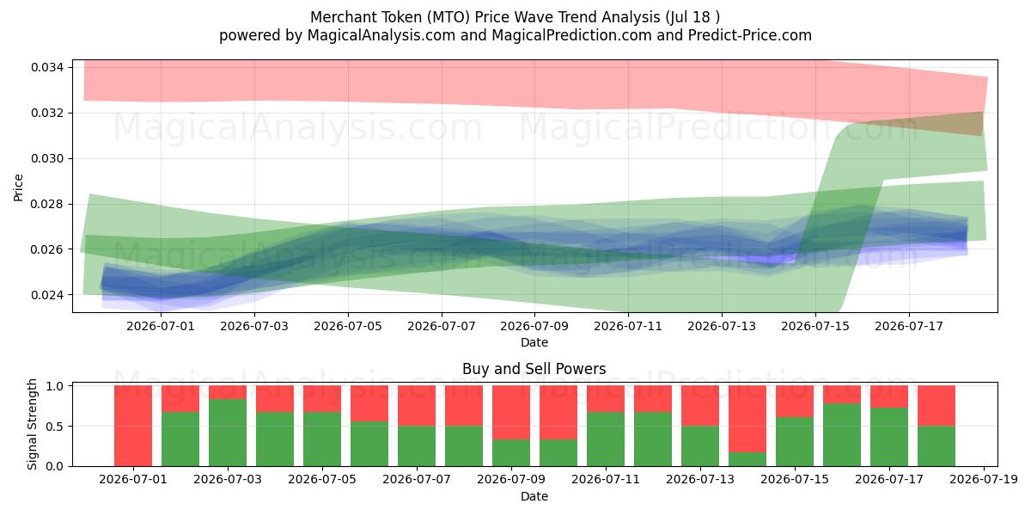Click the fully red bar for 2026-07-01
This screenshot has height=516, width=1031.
(x=133, y=426)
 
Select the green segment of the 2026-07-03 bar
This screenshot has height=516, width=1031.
(x=228, y=433)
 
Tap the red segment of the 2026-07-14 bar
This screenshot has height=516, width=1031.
(x=747, y=419)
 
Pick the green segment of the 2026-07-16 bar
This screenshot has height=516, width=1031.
(x=842, y=435)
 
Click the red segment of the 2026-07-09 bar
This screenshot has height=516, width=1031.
(x=511, y=412)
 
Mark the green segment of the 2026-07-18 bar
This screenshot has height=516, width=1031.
(x=936, y=446)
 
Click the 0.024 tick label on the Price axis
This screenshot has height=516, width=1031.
(x=47, y=295)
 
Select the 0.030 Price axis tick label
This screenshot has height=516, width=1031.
(x=47, y=158)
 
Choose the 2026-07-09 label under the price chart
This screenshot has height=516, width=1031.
(x=534, y=326)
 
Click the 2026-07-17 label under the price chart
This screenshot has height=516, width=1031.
(x=909, y=326)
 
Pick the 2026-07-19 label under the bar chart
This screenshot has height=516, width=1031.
(x=984, y=479)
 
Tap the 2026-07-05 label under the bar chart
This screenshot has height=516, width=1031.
(x=322, y=479)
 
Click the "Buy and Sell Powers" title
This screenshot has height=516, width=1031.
(x=534, y=369)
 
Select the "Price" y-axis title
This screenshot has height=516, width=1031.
(x=18, y=187)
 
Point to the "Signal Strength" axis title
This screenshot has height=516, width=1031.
(x=32, y=424)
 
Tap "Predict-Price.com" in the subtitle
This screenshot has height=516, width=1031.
(x=750, y=35)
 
